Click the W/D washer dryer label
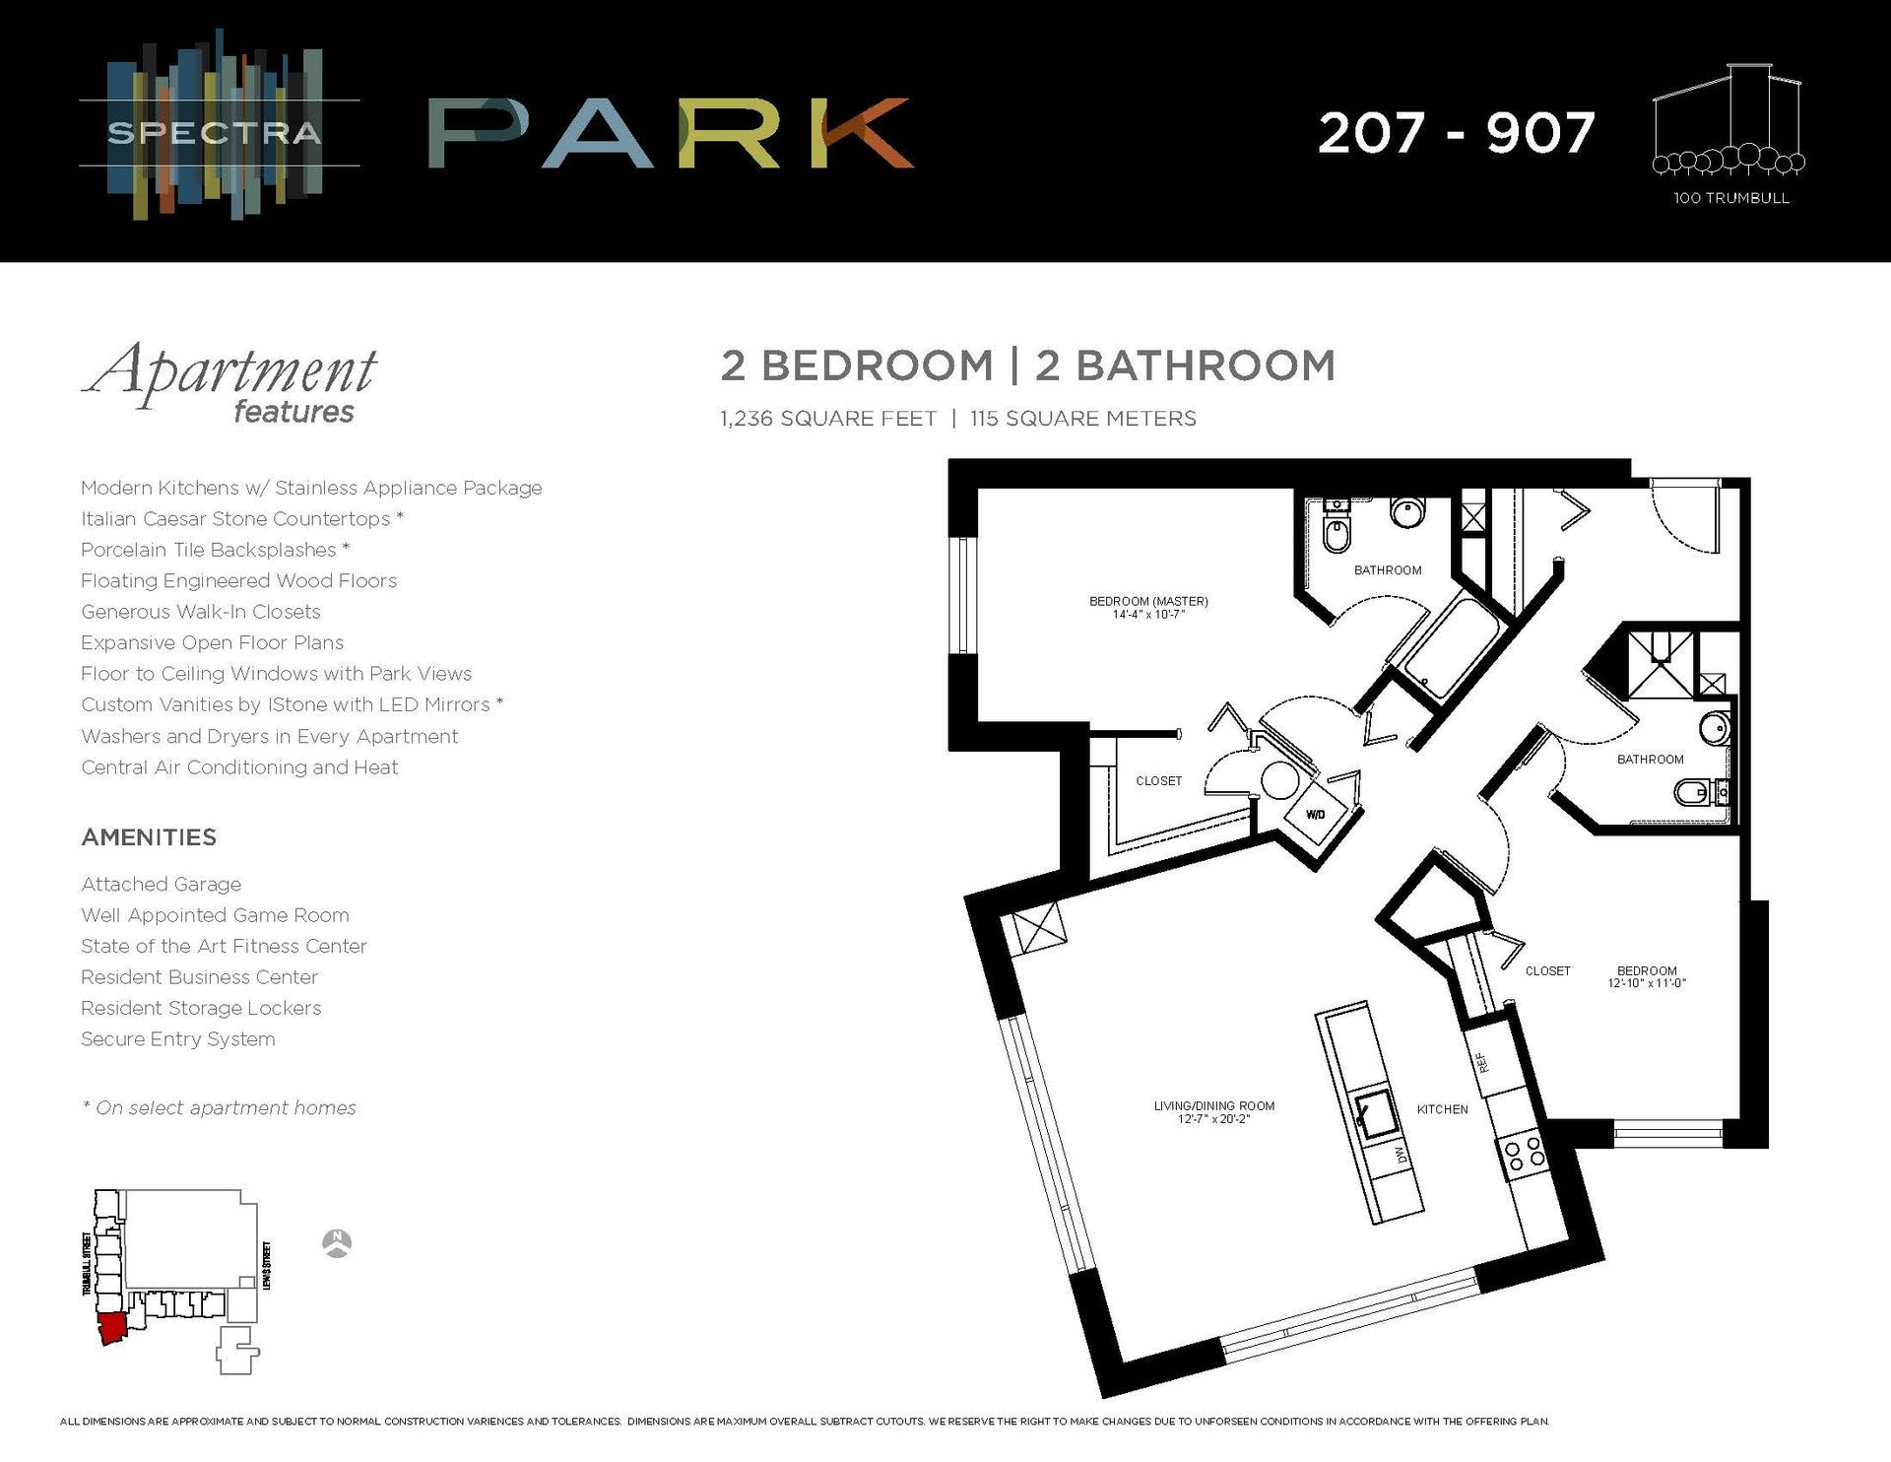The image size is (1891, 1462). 1315,815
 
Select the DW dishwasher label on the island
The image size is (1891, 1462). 1400,1154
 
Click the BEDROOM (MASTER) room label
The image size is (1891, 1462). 1148,601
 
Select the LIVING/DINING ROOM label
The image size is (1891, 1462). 1213,1105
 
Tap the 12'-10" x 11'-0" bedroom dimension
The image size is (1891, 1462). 1647,983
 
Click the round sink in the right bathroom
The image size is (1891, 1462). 1715,729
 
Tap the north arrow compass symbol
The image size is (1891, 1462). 337,1243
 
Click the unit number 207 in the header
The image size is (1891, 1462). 1371,134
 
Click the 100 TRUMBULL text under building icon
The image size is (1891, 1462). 1730,198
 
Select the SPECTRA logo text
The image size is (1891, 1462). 214,133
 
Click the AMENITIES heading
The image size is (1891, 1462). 149,837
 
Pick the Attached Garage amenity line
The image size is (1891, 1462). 161,885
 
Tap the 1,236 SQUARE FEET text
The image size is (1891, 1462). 827,419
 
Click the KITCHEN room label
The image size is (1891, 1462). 1442,1109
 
